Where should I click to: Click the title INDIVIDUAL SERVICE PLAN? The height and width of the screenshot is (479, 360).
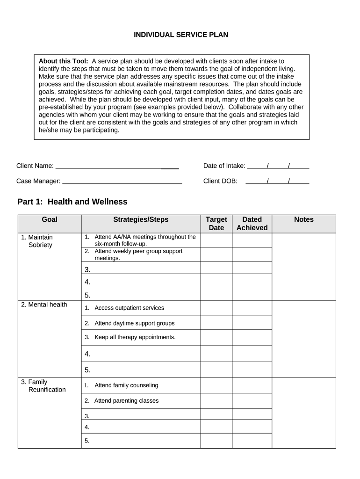pyautogui.click(x=181, y=35)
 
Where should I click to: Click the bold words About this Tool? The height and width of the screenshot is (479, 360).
pyautogui.click(x=63, y=61)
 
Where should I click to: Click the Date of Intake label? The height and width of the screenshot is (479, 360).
pyautogui.click(x=224, y=166)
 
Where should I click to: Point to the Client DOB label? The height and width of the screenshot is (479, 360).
pyautogui.click(x=220, y=181)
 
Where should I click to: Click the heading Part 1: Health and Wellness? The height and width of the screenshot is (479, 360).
pyautogui.click(x=72, y=202)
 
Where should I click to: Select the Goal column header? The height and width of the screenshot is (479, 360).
pyautogui.click(x=50, y=220)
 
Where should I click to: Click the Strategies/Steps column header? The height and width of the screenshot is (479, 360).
pyautogui.click(x=141, y=220)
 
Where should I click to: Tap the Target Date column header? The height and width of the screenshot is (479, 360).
pyautogui.click(x=216, y=224)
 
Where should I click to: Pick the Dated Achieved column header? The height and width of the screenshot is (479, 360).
pyautogui.click(x=252, y=224)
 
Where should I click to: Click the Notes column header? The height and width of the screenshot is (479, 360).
pyautogui.click(x=303, y=220)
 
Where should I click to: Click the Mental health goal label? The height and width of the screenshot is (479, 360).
pyautogui.click(x=44, y=305)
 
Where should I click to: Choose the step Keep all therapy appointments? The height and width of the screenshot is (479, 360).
pyautogui.click(x=135, y=337)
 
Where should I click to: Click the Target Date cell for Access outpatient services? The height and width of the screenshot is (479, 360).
pyautogui.click(x=216, y=308)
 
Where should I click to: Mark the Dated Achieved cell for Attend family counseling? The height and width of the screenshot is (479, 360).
pyautogui.click(x=252, y=385)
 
